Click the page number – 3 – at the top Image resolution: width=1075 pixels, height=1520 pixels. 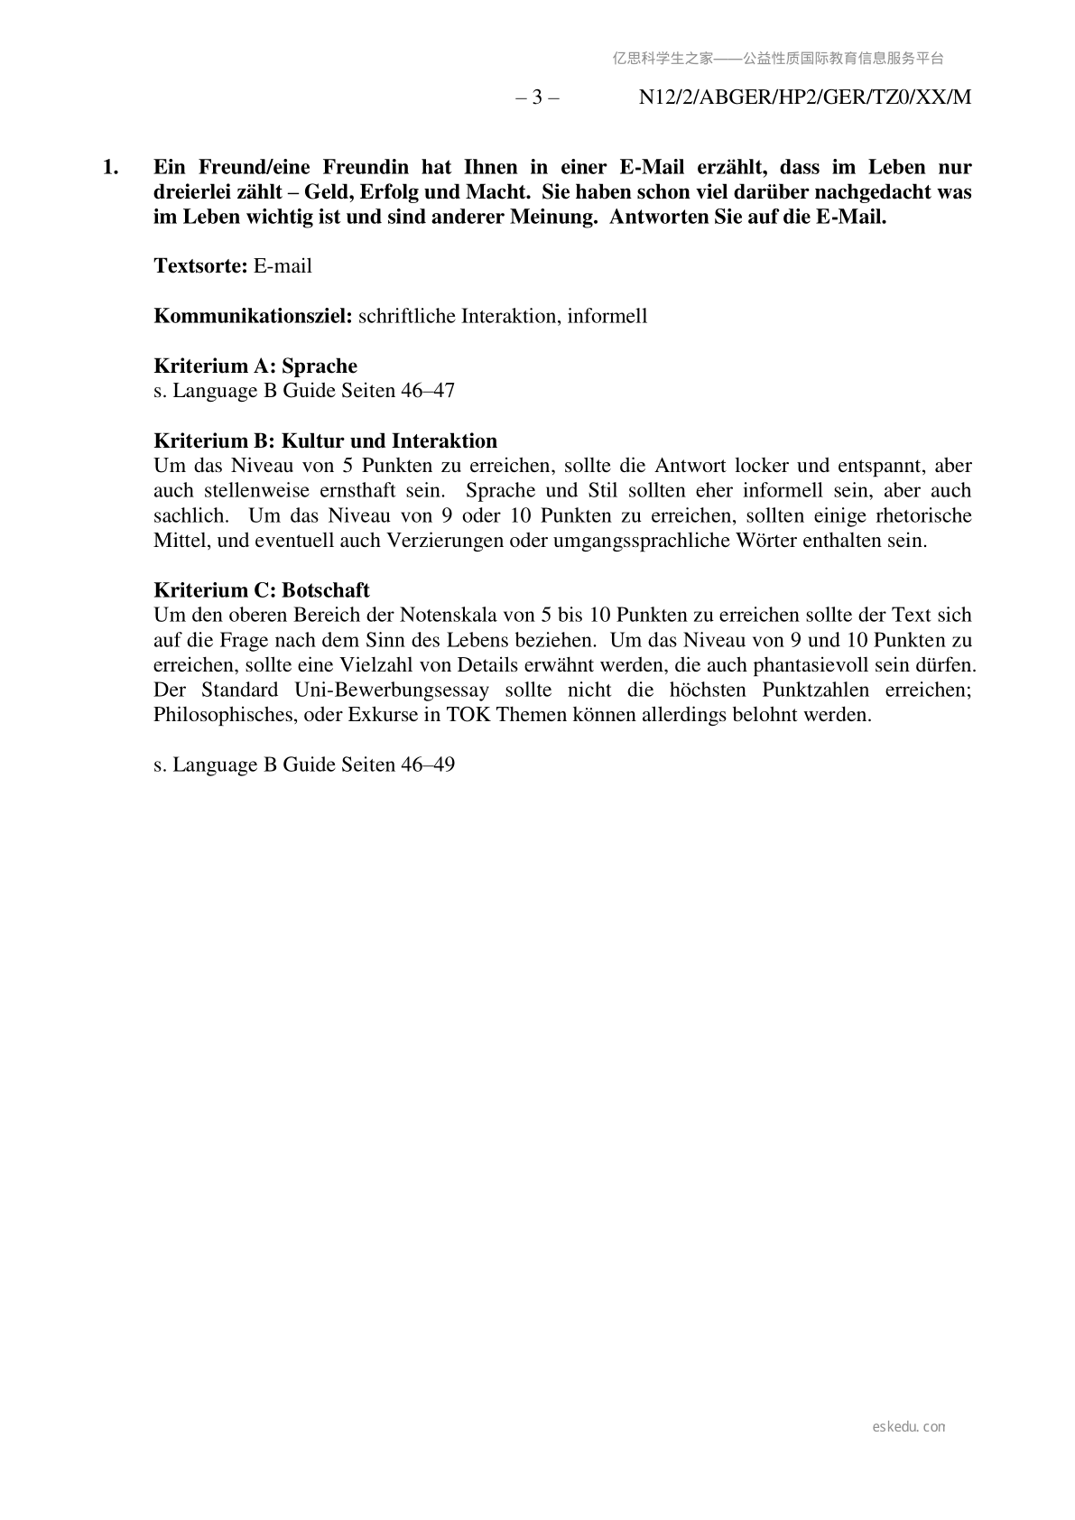tap(537, 97)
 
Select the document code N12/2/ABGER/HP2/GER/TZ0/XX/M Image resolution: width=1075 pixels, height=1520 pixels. tap(804, 97)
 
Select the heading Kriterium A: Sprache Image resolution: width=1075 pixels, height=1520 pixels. tap(255, 366)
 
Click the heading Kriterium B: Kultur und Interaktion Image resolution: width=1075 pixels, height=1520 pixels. tap(325, 441)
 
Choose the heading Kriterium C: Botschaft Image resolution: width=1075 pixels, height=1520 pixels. tap(262, 590)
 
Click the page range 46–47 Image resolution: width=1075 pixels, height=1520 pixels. tap(427, 391)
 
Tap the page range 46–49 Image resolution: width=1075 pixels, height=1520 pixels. tap(427, 765)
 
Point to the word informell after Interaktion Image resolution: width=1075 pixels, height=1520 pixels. tap(607, 317)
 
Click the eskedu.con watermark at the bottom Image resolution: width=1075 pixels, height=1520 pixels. tap(909, 1427)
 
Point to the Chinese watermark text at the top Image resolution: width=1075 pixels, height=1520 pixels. tap(778, 59)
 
